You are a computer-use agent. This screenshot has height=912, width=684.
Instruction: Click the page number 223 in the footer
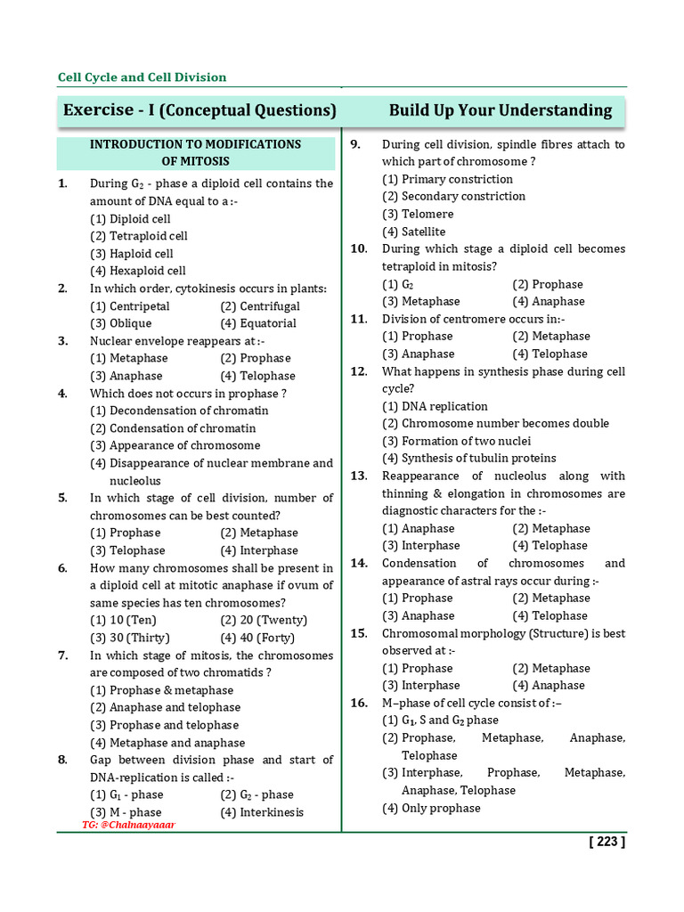(607, 843)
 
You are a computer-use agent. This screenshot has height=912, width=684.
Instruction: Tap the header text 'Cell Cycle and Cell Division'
(142, 77)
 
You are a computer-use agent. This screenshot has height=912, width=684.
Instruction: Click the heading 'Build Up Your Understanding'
(501, 110)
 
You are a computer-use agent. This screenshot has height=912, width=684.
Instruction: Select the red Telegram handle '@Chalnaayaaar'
(129, 826)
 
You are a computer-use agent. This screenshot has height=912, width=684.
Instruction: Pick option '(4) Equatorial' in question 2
(258, 323)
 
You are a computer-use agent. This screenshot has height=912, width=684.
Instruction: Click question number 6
(63, 568)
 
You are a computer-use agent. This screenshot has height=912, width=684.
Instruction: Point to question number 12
(359, 371)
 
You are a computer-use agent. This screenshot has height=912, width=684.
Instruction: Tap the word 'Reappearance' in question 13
(422, 476)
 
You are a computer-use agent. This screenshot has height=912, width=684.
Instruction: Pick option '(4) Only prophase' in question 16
(431, 808)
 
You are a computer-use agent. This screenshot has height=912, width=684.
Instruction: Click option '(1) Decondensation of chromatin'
(179, 411)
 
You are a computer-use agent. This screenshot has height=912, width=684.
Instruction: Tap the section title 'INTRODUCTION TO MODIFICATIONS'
(195, 144)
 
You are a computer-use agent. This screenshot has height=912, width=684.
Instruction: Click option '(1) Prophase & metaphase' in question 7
(162, 690)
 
